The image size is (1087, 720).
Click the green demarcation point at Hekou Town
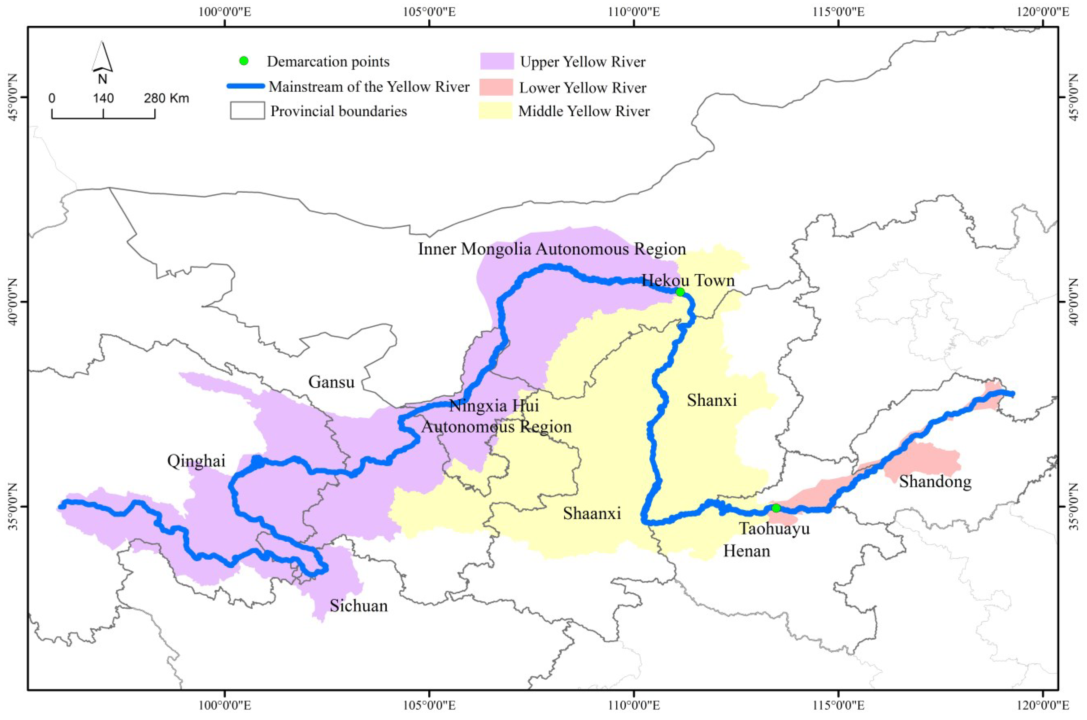(680, 292)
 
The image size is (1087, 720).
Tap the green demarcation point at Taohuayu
(775, 508)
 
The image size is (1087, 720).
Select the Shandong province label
(935, 482)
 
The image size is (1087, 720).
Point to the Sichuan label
(358, 606)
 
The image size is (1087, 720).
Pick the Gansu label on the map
(331, 382)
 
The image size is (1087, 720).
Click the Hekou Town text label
(688, 280)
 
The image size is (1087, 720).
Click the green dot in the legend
(244, 61)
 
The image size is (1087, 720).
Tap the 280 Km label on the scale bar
(166, 98)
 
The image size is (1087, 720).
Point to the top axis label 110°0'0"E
(634, 11)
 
